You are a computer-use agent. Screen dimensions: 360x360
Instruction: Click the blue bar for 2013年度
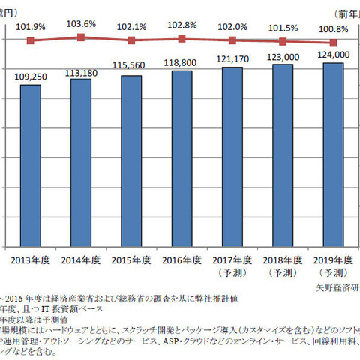(x=30, y=165)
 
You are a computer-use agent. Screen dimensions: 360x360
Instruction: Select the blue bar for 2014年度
(x=81, y=162)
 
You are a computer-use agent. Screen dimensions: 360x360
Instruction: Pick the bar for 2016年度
(x=182, y=158)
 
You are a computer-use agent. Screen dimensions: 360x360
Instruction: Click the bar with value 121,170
(x=232, y=157)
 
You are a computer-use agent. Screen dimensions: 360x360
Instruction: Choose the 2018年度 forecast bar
(x=283, y=155)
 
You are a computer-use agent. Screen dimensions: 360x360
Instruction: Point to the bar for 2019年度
(x=334, y=154)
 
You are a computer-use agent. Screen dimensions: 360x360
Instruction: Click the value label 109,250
(x=30, y=76)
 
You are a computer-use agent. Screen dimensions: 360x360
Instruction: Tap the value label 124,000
(x=334, y=55)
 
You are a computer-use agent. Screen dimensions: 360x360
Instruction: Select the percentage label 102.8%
(x=182, y=25)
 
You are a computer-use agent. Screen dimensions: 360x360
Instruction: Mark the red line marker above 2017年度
(x=232, y=40)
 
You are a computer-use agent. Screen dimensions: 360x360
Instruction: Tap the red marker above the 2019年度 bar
(x=334, y=43)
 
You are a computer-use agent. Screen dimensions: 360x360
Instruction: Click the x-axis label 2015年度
(x=131, y=259)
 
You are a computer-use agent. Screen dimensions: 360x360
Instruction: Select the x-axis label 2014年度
(x=81, y=259)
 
